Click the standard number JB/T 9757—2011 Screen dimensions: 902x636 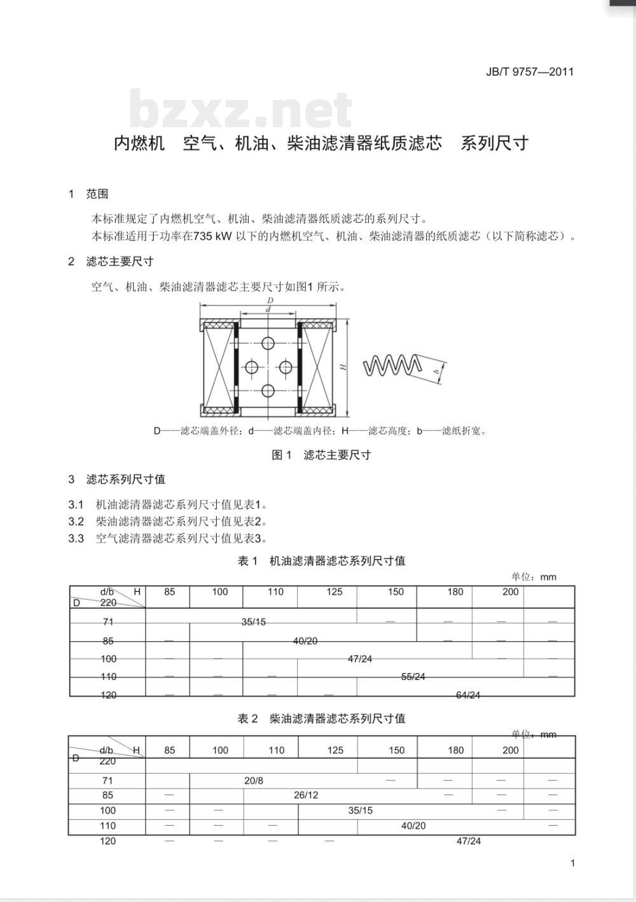(529, 72)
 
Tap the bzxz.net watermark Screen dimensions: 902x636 (240, 110)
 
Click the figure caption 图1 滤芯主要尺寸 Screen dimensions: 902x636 (321, 455)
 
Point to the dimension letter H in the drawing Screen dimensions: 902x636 (342, 367)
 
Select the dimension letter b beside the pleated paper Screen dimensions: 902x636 (436, 370)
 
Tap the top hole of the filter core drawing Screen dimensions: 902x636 (268, 343)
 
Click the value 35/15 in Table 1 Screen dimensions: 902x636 (253, 622)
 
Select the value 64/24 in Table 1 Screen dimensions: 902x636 (468, 695)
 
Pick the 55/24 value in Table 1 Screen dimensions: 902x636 (413, 677)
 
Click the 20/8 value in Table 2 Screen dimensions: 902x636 (253, 781)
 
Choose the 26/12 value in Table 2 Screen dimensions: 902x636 (306, 795)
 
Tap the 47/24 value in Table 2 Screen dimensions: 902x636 (469, 841)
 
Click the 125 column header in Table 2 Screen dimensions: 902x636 (335, 750)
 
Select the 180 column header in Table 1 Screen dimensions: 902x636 (455, 592)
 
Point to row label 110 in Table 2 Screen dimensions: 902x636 (107, 826)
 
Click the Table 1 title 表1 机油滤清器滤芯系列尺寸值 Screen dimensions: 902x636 (321, 561)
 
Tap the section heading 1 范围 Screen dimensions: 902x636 (88, 194)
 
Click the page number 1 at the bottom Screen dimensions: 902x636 (573, 863)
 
